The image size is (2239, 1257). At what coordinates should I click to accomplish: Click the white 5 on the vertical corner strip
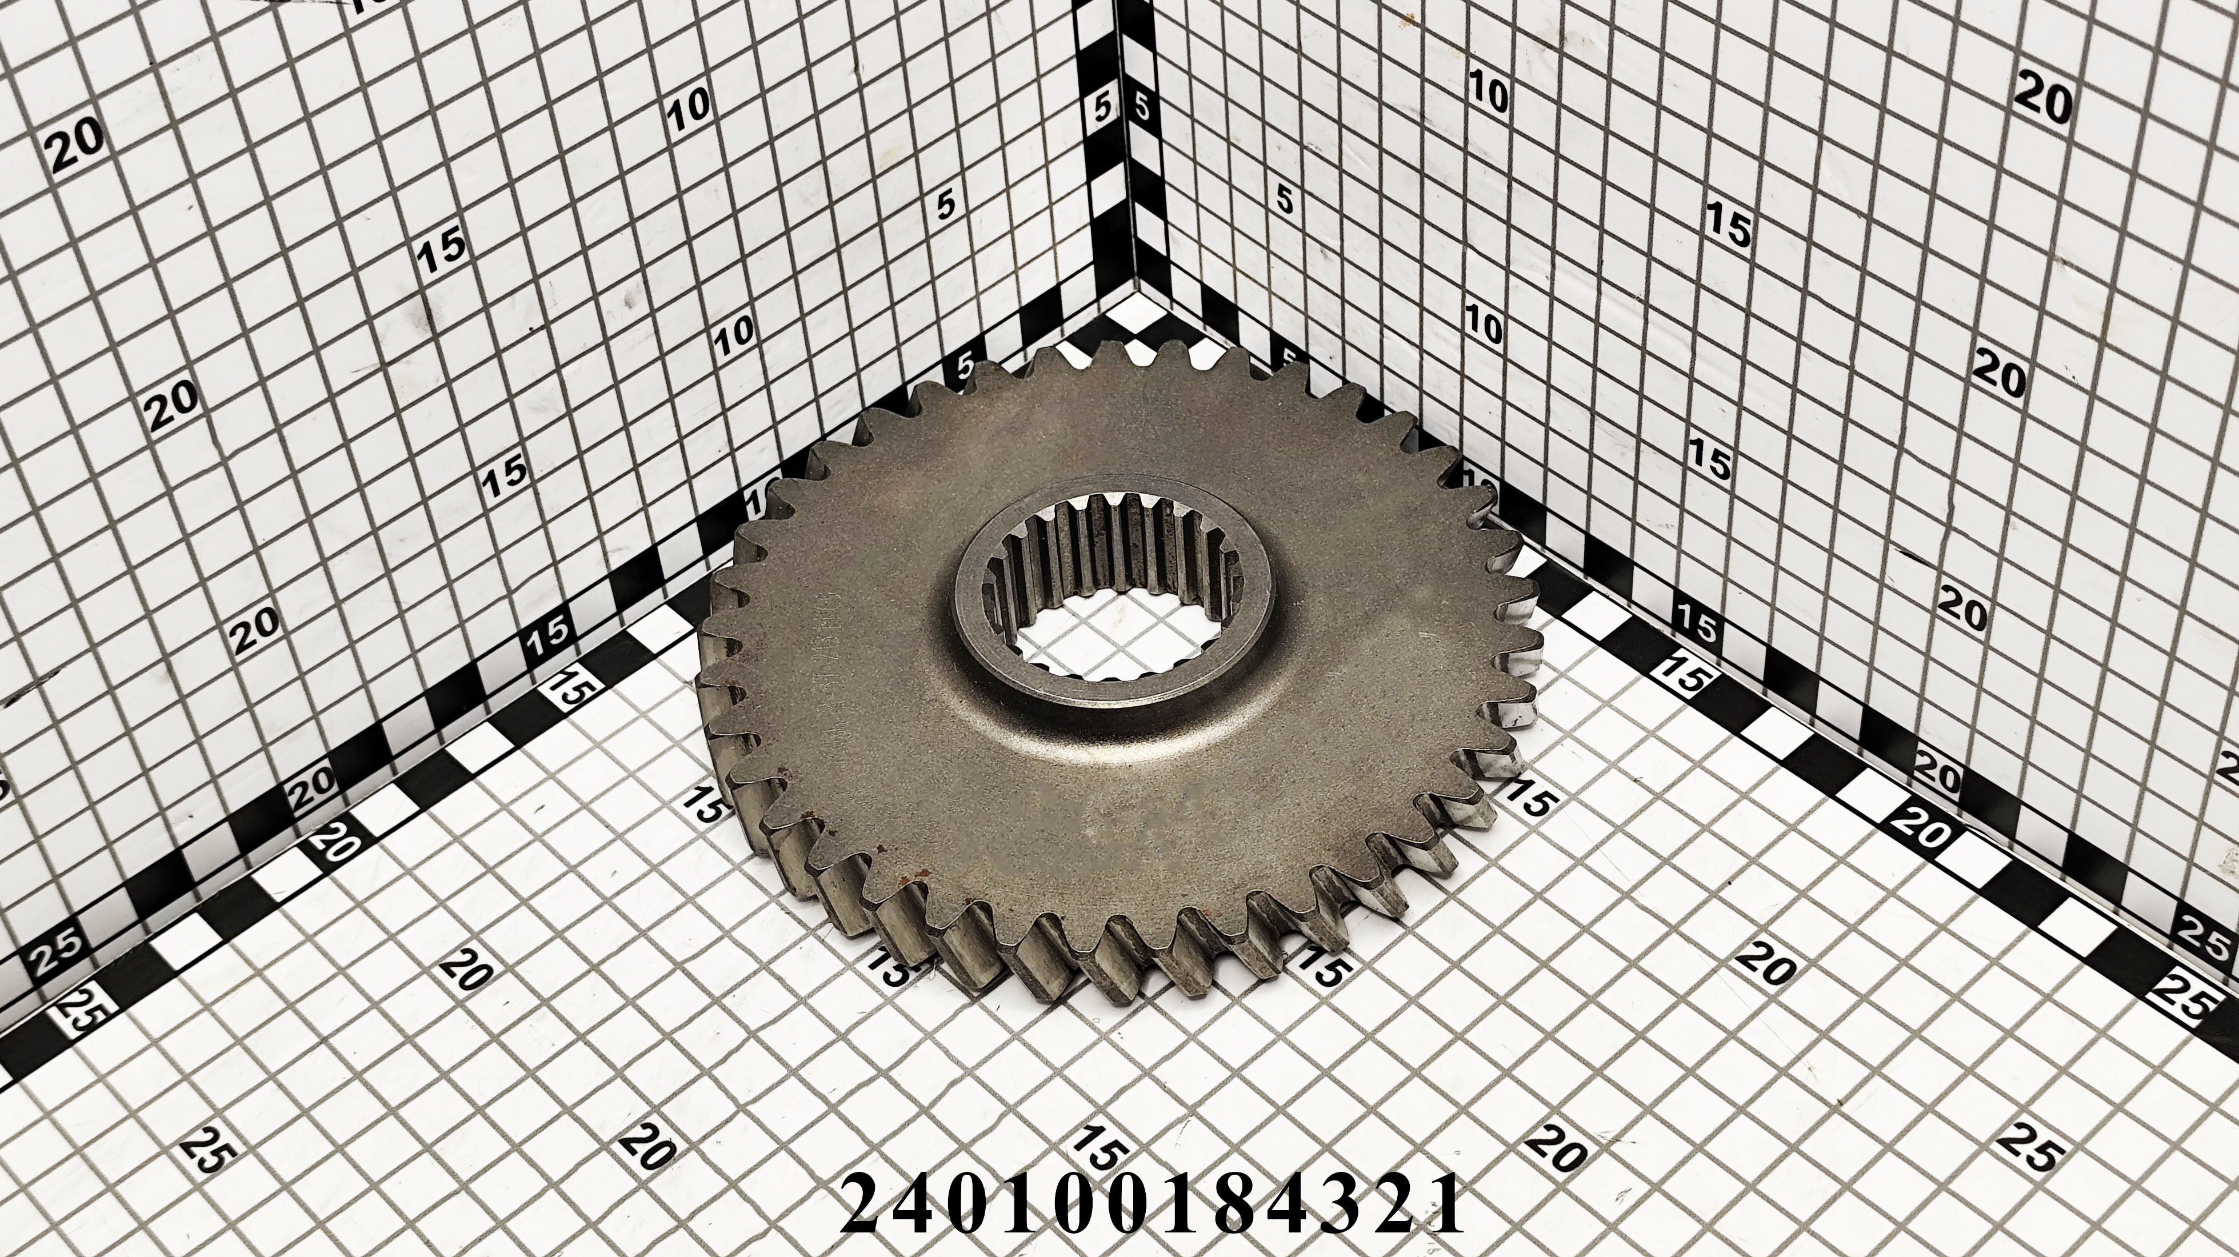(1103, 110)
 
